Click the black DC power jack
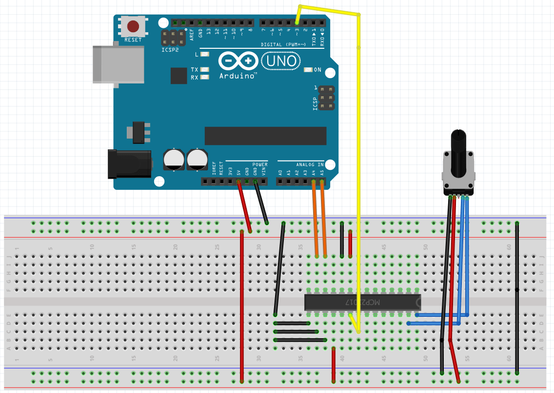tap(129, 164)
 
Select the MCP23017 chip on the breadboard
tap(362, 303)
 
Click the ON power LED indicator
tap(308, 70)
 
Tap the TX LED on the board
tap(205, 70)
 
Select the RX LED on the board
tap(205, 77)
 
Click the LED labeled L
tap(205, 54)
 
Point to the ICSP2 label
tap(170, 50)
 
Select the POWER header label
tap(260, 165)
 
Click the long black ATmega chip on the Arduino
tap(265, 136)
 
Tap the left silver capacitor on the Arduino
tap(174, 160)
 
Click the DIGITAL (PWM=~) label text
tap(283, 44)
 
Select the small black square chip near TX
tap(179, 76)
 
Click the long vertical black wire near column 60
tap(517, 298)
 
